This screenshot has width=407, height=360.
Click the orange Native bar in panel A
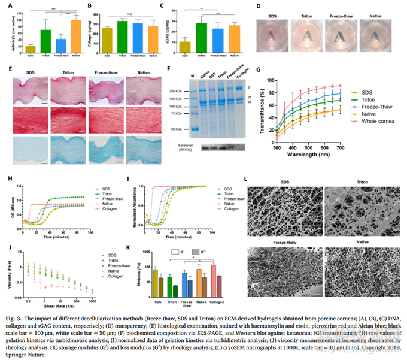click(75, 35)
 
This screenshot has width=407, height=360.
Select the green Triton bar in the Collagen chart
click(122, 35)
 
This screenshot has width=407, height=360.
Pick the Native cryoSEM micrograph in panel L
click(362, 271)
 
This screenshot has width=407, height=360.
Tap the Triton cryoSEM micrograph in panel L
click(362, 205)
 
